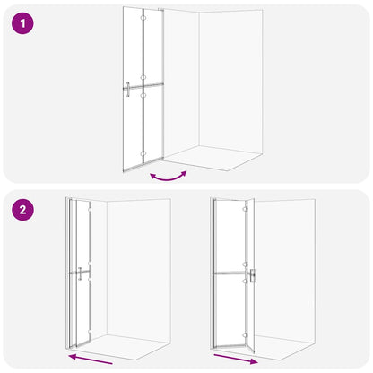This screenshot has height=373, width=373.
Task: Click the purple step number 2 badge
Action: click(x=23, y=212)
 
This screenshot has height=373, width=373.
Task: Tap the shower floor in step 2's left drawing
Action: click(x=117, y=345)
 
